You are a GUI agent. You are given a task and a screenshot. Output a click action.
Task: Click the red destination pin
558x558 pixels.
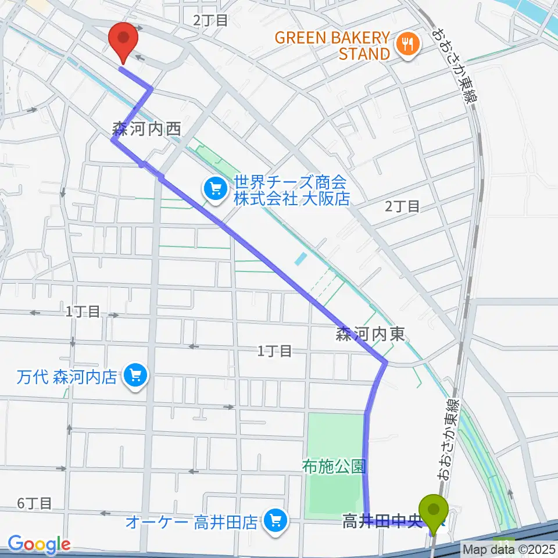point(124,40)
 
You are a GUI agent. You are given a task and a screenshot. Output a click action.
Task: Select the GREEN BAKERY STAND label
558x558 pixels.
point(332,46)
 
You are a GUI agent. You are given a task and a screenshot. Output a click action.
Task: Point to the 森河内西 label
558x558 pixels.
point(148,128)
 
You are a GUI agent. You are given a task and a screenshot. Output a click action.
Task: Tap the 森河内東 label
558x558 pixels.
point(369,334)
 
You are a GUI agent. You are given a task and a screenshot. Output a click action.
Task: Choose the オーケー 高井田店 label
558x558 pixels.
point(192,521)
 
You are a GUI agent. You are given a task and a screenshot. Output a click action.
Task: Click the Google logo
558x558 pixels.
point(39,544)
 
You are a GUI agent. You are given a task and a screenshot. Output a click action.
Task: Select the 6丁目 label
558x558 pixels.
point(34,503)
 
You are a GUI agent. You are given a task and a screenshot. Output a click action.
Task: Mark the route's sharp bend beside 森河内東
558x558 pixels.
point(385,363)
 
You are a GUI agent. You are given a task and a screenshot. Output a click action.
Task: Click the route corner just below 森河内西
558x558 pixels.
point(113,139)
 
